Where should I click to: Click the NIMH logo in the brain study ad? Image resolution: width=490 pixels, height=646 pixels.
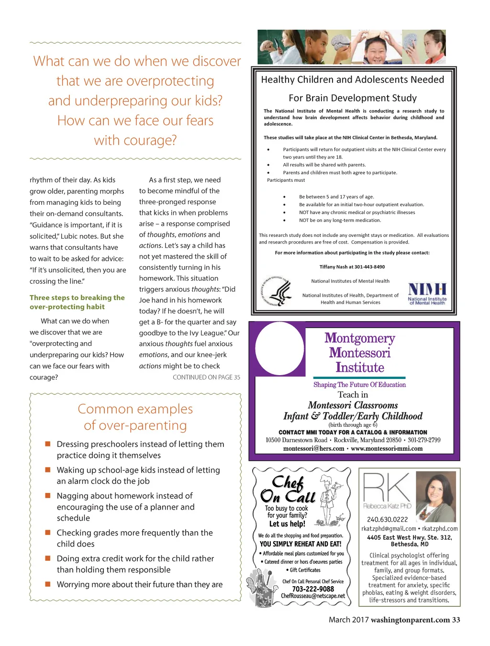(x=427, y=293)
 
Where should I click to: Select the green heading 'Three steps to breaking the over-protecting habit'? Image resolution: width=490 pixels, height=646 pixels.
(x=77, y=302)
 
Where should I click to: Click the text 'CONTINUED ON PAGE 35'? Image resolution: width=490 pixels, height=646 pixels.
(x=206, y=377)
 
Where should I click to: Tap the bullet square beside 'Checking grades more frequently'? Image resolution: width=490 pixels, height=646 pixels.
(x=48, y=532)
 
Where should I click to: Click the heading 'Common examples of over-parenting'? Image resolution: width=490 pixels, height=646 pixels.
(x=135, y=417)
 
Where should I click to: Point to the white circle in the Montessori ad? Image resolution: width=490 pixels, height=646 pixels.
(x=280, y=348)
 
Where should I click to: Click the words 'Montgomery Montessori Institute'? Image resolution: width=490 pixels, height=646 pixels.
(x=360, y=353)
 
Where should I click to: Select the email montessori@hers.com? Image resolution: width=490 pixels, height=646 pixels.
(x=314, y=448)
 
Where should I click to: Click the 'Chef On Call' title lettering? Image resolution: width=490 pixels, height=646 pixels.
(x=288, y=489)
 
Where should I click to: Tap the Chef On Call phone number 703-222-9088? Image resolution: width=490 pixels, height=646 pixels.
(x=313, y=589)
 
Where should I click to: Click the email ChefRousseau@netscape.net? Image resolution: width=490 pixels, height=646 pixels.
(x=313, y=596)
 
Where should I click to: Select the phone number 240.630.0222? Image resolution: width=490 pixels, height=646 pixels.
(x=387, y=519)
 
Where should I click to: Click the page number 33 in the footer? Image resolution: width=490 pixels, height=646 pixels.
(x=456, y=620)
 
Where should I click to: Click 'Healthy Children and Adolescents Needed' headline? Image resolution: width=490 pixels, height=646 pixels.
(x=353, y=79)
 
